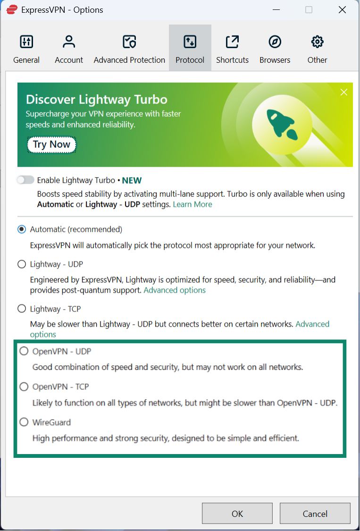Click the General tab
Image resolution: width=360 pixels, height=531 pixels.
[26, 49]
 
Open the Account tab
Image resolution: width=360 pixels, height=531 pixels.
[69, 49]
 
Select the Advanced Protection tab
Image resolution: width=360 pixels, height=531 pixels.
[129, 49]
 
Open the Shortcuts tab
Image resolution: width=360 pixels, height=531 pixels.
[232, 49]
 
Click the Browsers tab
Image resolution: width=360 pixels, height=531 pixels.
[275, 49]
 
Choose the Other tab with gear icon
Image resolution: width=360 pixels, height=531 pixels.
[317, 49]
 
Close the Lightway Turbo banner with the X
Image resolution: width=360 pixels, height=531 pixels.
[344, 92]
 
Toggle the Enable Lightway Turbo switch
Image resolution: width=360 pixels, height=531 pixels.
[25, 180]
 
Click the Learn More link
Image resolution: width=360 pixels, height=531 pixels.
[192, 204]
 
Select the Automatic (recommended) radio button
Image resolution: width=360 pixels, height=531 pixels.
[22, 229]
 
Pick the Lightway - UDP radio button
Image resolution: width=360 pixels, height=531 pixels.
[22, 264]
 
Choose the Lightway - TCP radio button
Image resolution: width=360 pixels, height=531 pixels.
[22, 309]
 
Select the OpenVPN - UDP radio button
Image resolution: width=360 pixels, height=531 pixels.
[24, 351]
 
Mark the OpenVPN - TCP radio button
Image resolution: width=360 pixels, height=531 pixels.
[24, 387]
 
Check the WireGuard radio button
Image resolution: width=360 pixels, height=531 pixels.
[24, 422]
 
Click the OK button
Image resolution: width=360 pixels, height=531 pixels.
[237, 514]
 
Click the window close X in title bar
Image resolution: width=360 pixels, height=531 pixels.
[342, 9]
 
